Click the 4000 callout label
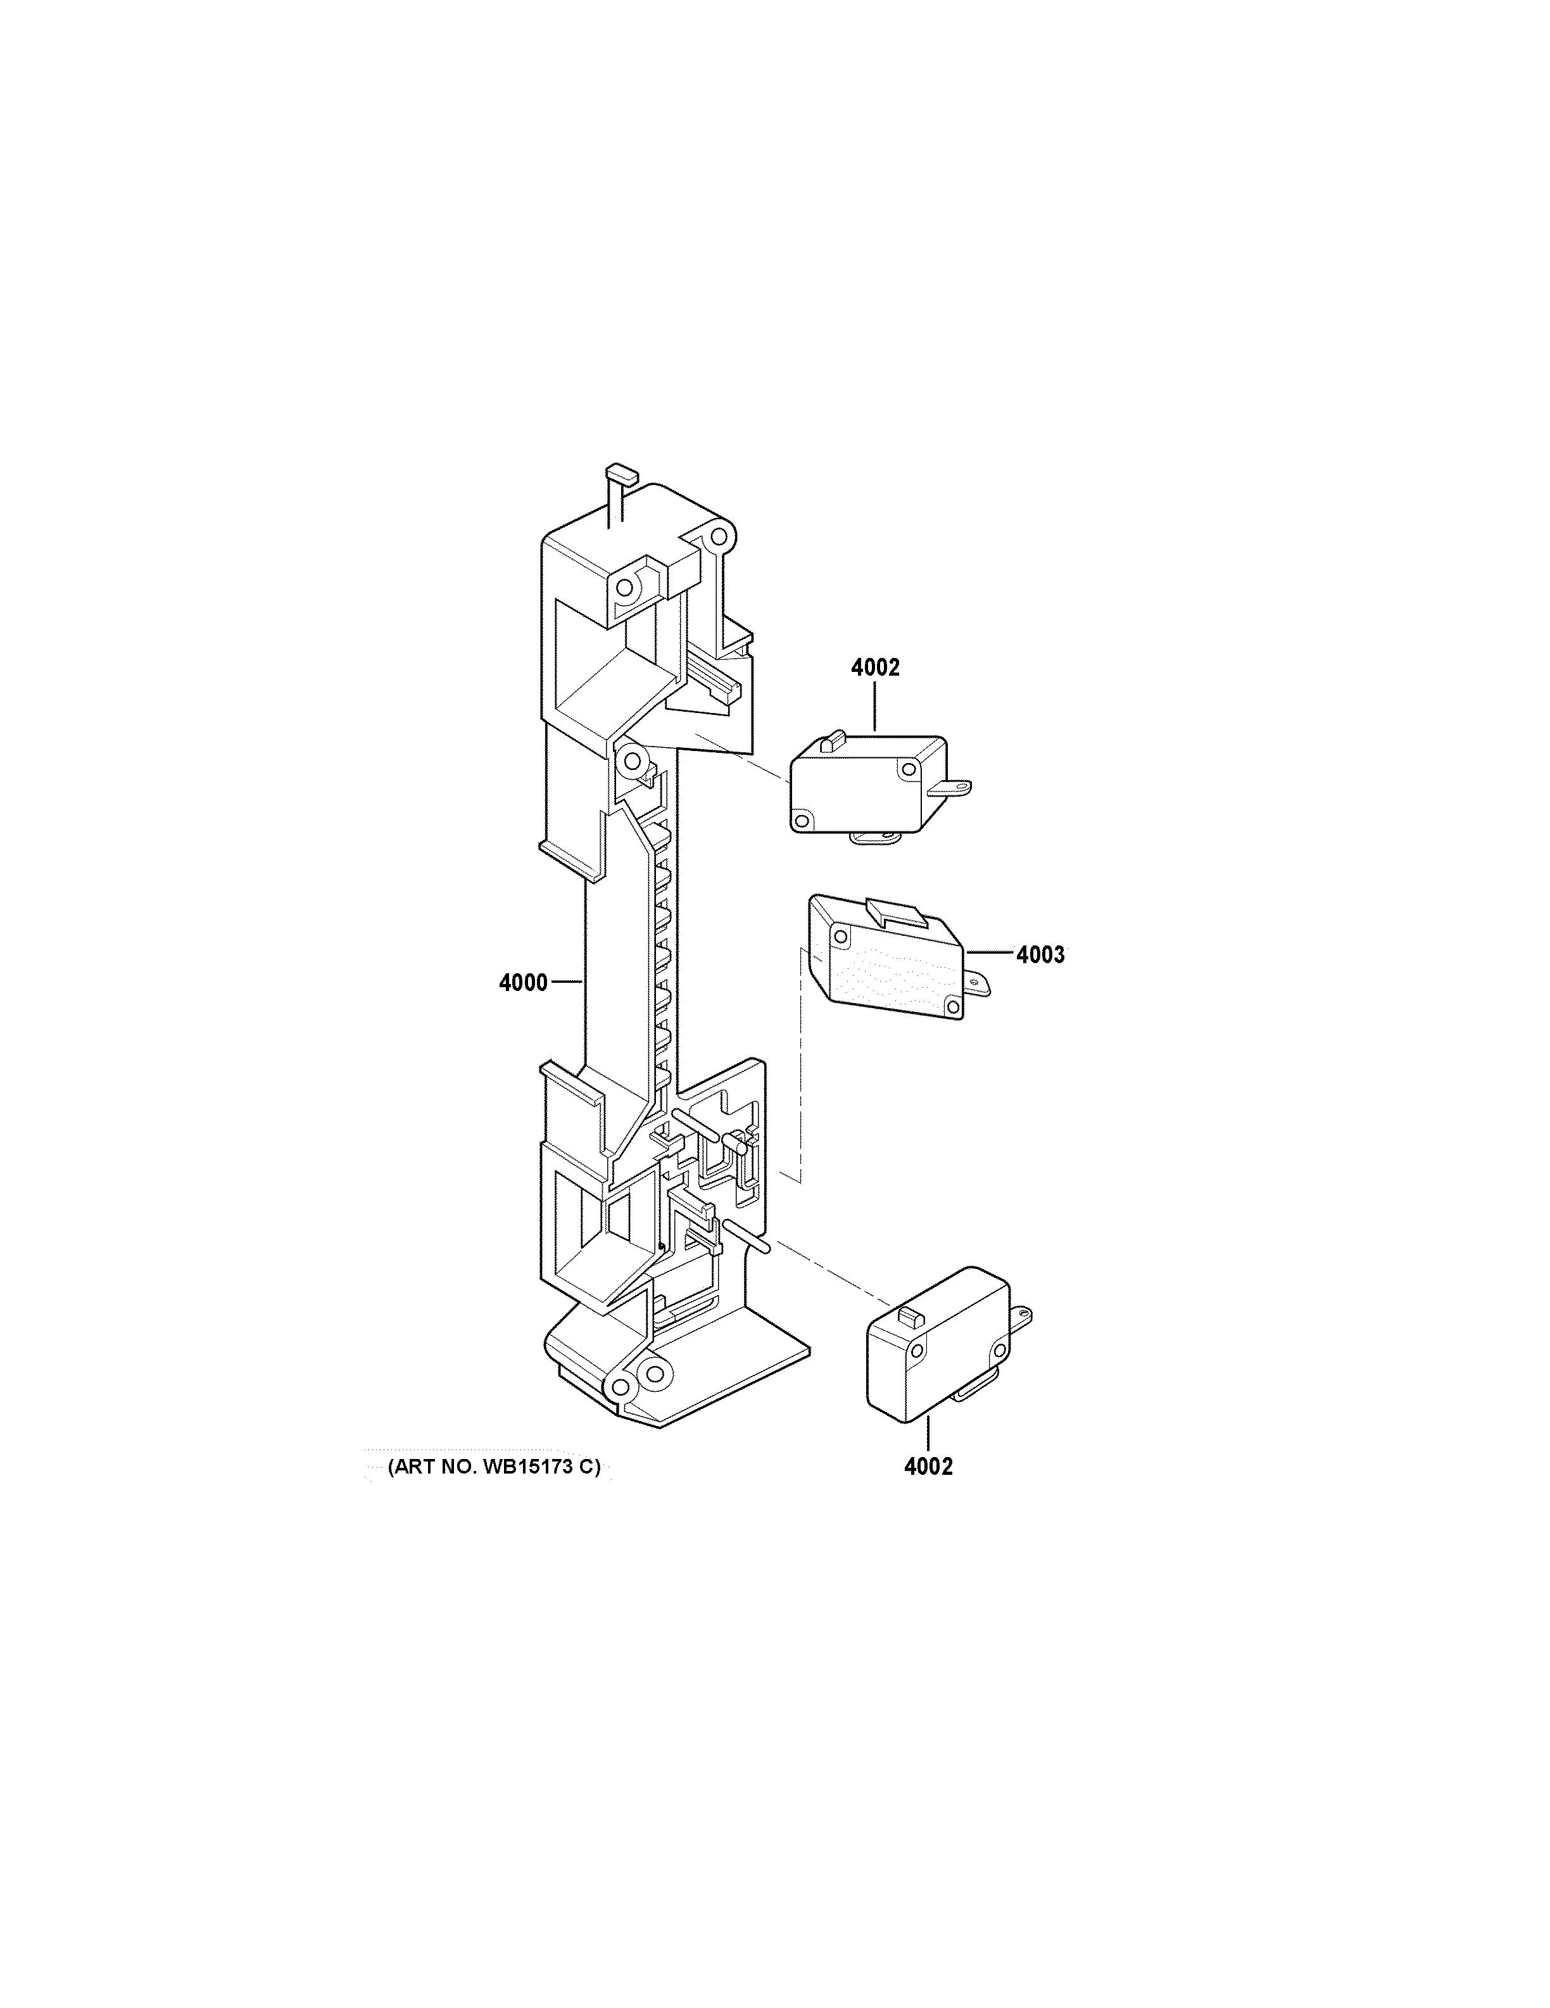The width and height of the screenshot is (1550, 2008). click(523, 983)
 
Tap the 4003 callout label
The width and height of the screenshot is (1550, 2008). click(1041, 956)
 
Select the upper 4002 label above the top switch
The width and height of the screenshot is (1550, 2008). click(875, 669)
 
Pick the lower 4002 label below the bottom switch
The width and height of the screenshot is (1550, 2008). click(928, 1467)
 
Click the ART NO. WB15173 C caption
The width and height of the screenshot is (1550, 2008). click(494, 1467)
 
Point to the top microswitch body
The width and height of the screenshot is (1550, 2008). click(869, 783)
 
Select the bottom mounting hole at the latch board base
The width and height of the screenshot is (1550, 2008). click(653, 1400)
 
